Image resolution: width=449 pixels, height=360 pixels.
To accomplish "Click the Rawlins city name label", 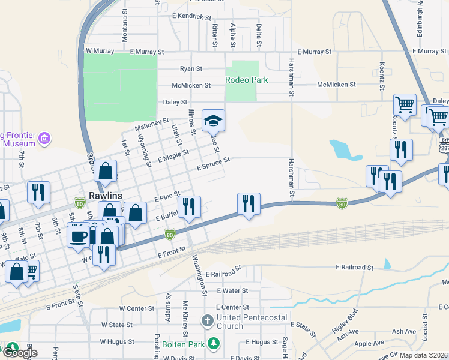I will tap(106, 196).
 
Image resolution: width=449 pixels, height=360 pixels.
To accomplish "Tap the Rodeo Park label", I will tap(246, 80).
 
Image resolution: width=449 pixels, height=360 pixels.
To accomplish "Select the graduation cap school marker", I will tap(213, 122).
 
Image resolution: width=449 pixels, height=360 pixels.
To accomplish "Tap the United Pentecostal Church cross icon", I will tap(207, 320).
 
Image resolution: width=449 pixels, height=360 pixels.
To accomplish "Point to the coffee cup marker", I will tap(78, 236).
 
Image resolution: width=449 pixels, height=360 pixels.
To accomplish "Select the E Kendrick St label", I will tap(195, 16).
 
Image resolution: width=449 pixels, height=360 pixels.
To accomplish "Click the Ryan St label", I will tap(191, 69).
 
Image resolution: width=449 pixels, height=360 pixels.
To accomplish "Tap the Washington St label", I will tap(199, 274).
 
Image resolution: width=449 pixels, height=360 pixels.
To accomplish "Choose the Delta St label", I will tap(259, 35).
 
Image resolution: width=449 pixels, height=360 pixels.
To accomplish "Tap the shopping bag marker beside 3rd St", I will tap(105, 172).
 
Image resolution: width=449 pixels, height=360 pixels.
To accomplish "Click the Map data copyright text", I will tap(424, 355).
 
